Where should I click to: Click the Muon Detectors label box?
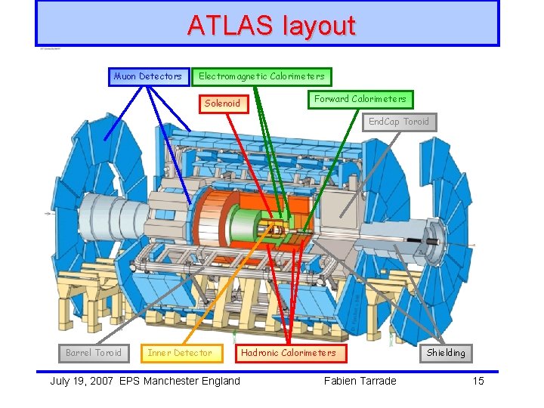tap(148, 76)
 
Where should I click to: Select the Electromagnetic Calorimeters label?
tap(261, 76)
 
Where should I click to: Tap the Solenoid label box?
tap(223, 103)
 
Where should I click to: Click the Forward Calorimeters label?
tap(360, 99)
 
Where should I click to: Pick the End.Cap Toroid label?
tap(398, 122)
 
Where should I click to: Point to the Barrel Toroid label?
tap(94, 353)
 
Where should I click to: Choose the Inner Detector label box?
tap(180, 353)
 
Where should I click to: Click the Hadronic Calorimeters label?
tap(289, 353)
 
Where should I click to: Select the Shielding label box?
tap(446, 353)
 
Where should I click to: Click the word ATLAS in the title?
tap(230, 26)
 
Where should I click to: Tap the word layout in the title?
tap(318, 26)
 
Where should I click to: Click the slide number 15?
tap(478, 381)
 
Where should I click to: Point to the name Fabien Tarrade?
tap(360, 381)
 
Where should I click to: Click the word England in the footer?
tap(221, 381)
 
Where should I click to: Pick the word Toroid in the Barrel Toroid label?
tap(107, 353)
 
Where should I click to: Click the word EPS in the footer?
tap(131, 381)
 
